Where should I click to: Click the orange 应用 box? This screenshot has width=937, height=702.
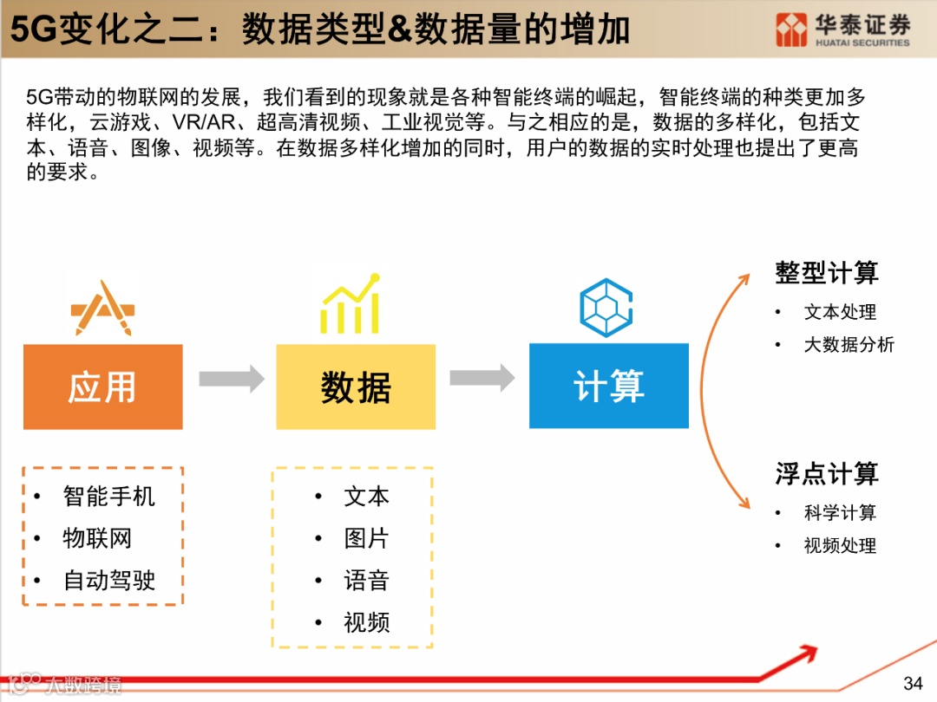pos(102,387)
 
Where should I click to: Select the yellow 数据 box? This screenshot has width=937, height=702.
pos(356,387)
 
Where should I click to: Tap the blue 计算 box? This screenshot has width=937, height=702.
pos(608,386)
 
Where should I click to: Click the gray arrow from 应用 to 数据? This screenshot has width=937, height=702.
pos(231,379)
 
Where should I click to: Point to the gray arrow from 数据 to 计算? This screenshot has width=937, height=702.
pos(482,378)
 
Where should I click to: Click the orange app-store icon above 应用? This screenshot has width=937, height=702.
pos(103,309)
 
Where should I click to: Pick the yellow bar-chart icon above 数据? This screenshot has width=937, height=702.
pos(351,304)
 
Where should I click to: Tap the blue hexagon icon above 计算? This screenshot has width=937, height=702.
pos(606,308)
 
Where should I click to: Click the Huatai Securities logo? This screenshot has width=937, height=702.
pos(842,30)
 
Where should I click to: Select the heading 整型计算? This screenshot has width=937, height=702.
pos(827,274)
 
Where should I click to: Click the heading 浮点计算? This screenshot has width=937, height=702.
pos(827,474)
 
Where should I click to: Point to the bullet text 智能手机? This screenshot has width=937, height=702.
pos(109,497)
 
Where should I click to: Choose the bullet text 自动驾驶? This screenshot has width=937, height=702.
pos(109,581)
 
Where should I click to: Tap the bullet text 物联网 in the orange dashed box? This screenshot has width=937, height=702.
pos(97,538)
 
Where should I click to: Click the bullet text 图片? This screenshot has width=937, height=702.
pos(366,538)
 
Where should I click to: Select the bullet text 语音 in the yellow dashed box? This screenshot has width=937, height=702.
pos(366,581)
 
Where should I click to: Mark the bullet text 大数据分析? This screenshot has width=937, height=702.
pos(849,345)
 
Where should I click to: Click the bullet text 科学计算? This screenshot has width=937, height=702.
pos(840,513)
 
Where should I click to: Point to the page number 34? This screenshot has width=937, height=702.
pos(913,683)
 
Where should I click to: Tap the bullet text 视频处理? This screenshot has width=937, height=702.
pos(840,546)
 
